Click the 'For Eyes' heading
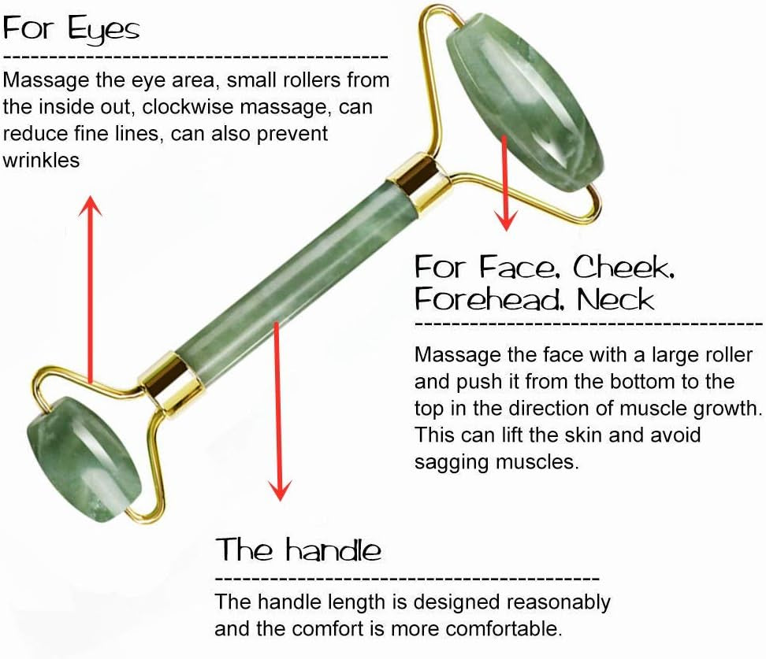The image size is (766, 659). coord(72,30)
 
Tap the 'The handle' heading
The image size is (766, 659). coord(299,549)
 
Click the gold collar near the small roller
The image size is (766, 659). coord(167,382)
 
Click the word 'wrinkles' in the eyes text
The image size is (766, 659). coord(42,160)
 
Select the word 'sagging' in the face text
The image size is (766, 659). coord(452,462)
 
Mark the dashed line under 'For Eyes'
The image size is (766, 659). coord(195,58)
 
